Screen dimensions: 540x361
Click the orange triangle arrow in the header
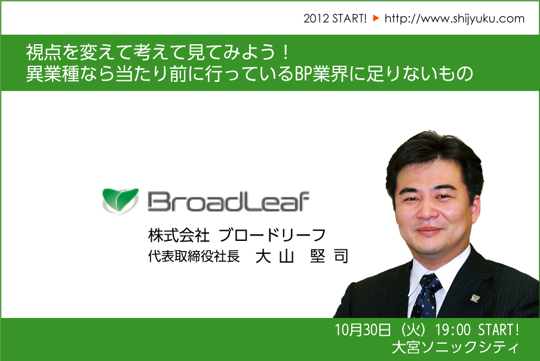click(x=376, y=18)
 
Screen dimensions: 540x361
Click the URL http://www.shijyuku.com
click(x=454, y=19)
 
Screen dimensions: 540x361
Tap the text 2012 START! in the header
click(x=335, y=19)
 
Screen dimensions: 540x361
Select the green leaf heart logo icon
click(x=120, y=201)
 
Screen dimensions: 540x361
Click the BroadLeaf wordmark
click(x=228, y=201)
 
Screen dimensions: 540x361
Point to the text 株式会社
click(x=179, y=235)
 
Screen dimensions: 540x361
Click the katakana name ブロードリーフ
click(x=272, y=235)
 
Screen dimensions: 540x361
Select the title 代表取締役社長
click(x=194, y=256)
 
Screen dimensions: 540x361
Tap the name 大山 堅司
click(x=302, y=256)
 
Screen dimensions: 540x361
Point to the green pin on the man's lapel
click(x=475, y=297)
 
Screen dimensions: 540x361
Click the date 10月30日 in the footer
click(x=363, y=330)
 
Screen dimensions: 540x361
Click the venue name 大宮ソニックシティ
click(x=455, y=347)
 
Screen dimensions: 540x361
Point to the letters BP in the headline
click(x=303, y=74)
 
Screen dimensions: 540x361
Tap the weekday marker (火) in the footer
click(x=413, y=330)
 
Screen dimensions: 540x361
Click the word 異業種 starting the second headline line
click(x=53, y=74)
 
